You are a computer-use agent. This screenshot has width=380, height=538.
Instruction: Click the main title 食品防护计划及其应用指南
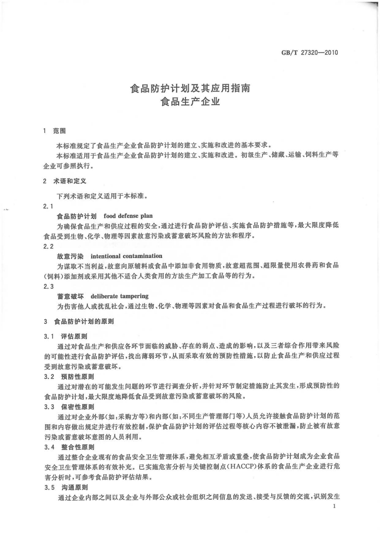click(x=190, y=89)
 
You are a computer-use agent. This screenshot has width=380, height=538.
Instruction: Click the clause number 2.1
click(x=48, y=206)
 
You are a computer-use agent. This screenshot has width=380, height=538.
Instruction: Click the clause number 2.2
click(x=48, y=246)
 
